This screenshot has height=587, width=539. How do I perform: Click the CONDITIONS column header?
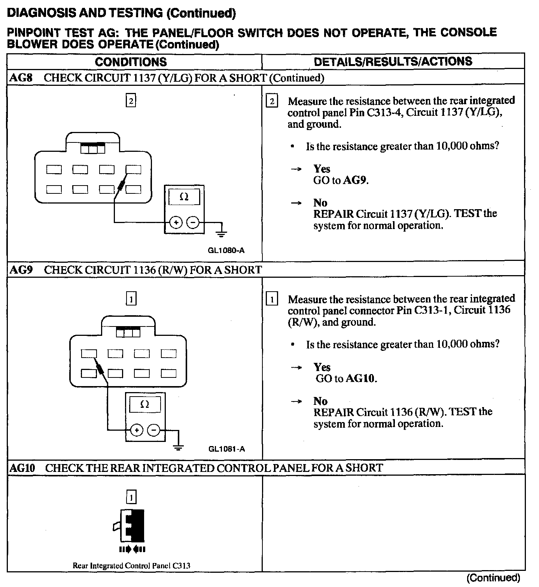tap(131, 62)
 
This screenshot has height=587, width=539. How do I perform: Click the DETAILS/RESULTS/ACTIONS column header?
tap(393, 61)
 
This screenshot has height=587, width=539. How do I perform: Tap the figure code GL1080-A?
tap(226, 250)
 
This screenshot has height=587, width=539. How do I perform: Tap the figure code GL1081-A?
tap(227, 449)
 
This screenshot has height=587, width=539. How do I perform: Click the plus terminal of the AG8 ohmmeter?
tap(176, 223)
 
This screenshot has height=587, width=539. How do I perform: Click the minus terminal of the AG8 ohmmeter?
tap(192, 223)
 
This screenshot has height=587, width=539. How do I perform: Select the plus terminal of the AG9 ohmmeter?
tap(137, 430)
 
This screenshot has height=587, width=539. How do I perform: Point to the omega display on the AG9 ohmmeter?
tap(145, 404)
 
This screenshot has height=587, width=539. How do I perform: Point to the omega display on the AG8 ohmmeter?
tap(184, 197)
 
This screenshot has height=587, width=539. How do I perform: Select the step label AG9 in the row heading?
tap(21, 270)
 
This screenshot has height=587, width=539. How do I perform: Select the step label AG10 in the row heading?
tap(23, 468)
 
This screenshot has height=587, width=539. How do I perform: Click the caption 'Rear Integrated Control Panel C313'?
tap(131, 566)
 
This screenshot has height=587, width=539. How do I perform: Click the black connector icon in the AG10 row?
tap(133, 525)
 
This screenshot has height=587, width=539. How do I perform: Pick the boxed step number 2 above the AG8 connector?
tap(131, 101)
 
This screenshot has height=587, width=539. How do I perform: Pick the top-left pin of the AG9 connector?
tap(89, 353)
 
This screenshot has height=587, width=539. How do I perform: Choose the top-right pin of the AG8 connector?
tap(133, 169)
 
